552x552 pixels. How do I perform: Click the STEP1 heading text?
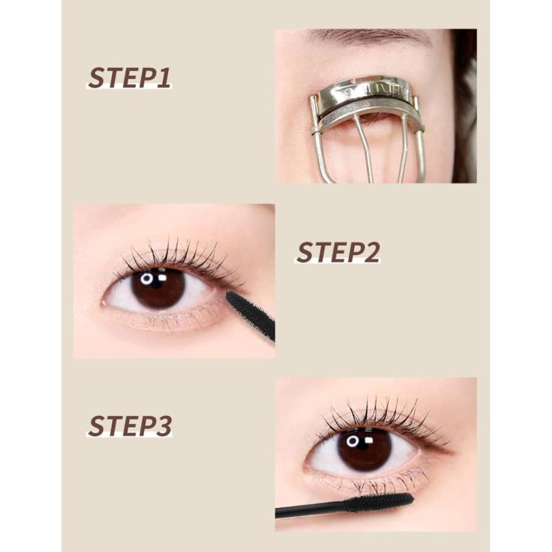[x=129, y=77]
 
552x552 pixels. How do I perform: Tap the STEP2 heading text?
[x=338, y=252]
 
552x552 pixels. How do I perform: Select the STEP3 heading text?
[x=129, y=426]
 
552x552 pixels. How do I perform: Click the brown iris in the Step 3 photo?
[x=364, y=450]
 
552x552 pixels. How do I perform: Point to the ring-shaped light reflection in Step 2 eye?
[x=147, y=279]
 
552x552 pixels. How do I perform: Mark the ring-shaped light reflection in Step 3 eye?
[x=353, y=442]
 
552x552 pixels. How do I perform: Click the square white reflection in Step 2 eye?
[x=163, y=278]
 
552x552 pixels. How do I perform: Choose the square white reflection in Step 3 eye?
[x=369, y=440]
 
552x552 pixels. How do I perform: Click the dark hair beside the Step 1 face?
[x=465, y=105]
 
